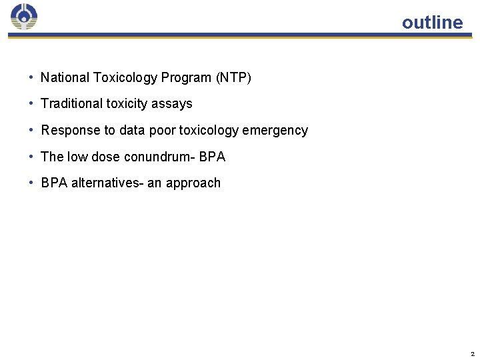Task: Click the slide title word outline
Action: pyautogui.click(x=432, y=23)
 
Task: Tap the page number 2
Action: pyautogui.click(x=472, y=353)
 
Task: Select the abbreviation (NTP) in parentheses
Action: pyautogui.click(x=233, y=77)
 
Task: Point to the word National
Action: pyautogui.click(x=64, y=77)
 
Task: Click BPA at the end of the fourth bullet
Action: pyautogui.click(x=212, y=157)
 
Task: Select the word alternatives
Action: pyautogui.click(x=105, y=183)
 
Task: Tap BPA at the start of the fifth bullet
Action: pyautogui.click(x=54, y=183)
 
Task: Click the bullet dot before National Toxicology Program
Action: pyautogui.click(x=31, y=77)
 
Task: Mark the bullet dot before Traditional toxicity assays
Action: pyautogui.click(x=31, y=103)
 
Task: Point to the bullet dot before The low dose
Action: pyautogui.click(x=31, y=157)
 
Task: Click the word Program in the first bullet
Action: pyautogui.click(x=185, y=77)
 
